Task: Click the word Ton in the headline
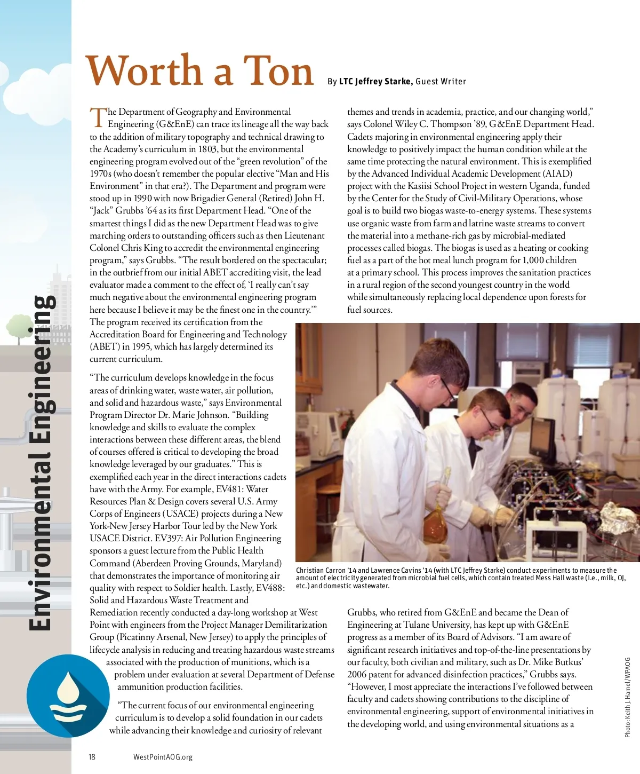click(x=279, y=71)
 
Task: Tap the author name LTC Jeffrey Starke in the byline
click(x=376, y=82)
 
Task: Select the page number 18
click(x=92, y=756)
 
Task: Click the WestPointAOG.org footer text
click(x=163, y=756)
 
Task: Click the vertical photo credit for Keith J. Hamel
click(x=628, y=697)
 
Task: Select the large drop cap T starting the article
click(x=98, y=117)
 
